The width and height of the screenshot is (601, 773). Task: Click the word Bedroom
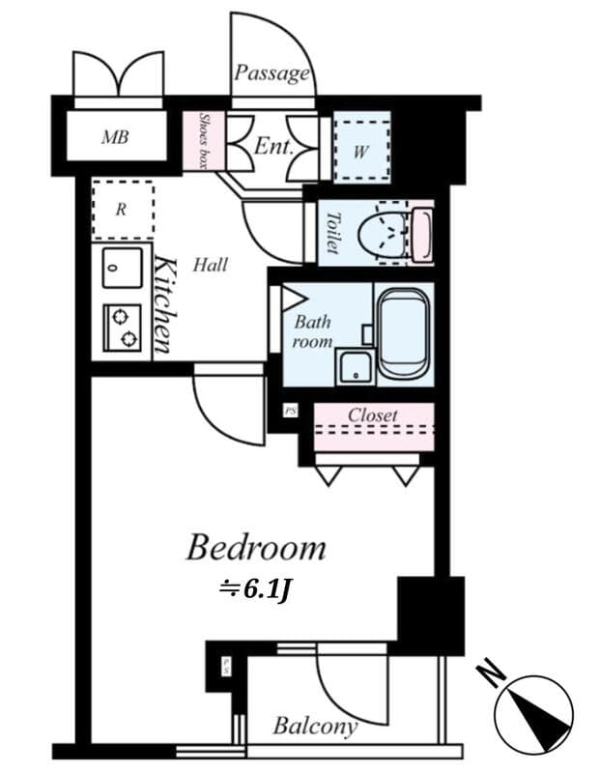click(255, 548)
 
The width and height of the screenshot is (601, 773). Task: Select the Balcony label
click(314, 726)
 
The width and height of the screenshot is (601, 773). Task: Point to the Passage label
click(272, 73)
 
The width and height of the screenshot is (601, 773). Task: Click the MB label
click(115, 137)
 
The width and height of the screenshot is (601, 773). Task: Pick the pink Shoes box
click(204, 141)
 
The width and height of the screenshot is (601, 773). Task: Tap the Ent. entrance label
click(273, 147)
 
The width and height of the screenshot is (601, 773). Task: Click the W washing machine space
click(361, 150)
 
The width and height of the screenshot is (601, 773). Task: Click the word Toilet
click(333, 233)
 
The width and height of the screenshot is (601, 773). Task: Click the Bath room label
click(313, 331)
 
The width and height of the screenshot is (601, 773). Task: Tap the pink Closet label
click(372, 415)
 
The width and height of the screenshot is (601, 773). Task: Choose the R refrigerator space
click(122, 210)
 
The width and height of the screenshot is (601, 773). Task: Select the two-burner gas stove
click(122, 327)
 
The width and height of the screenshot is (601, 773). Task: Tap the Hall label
click(210, 264)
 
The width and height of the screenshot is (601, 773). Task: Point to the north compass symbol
click(534, 714)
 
